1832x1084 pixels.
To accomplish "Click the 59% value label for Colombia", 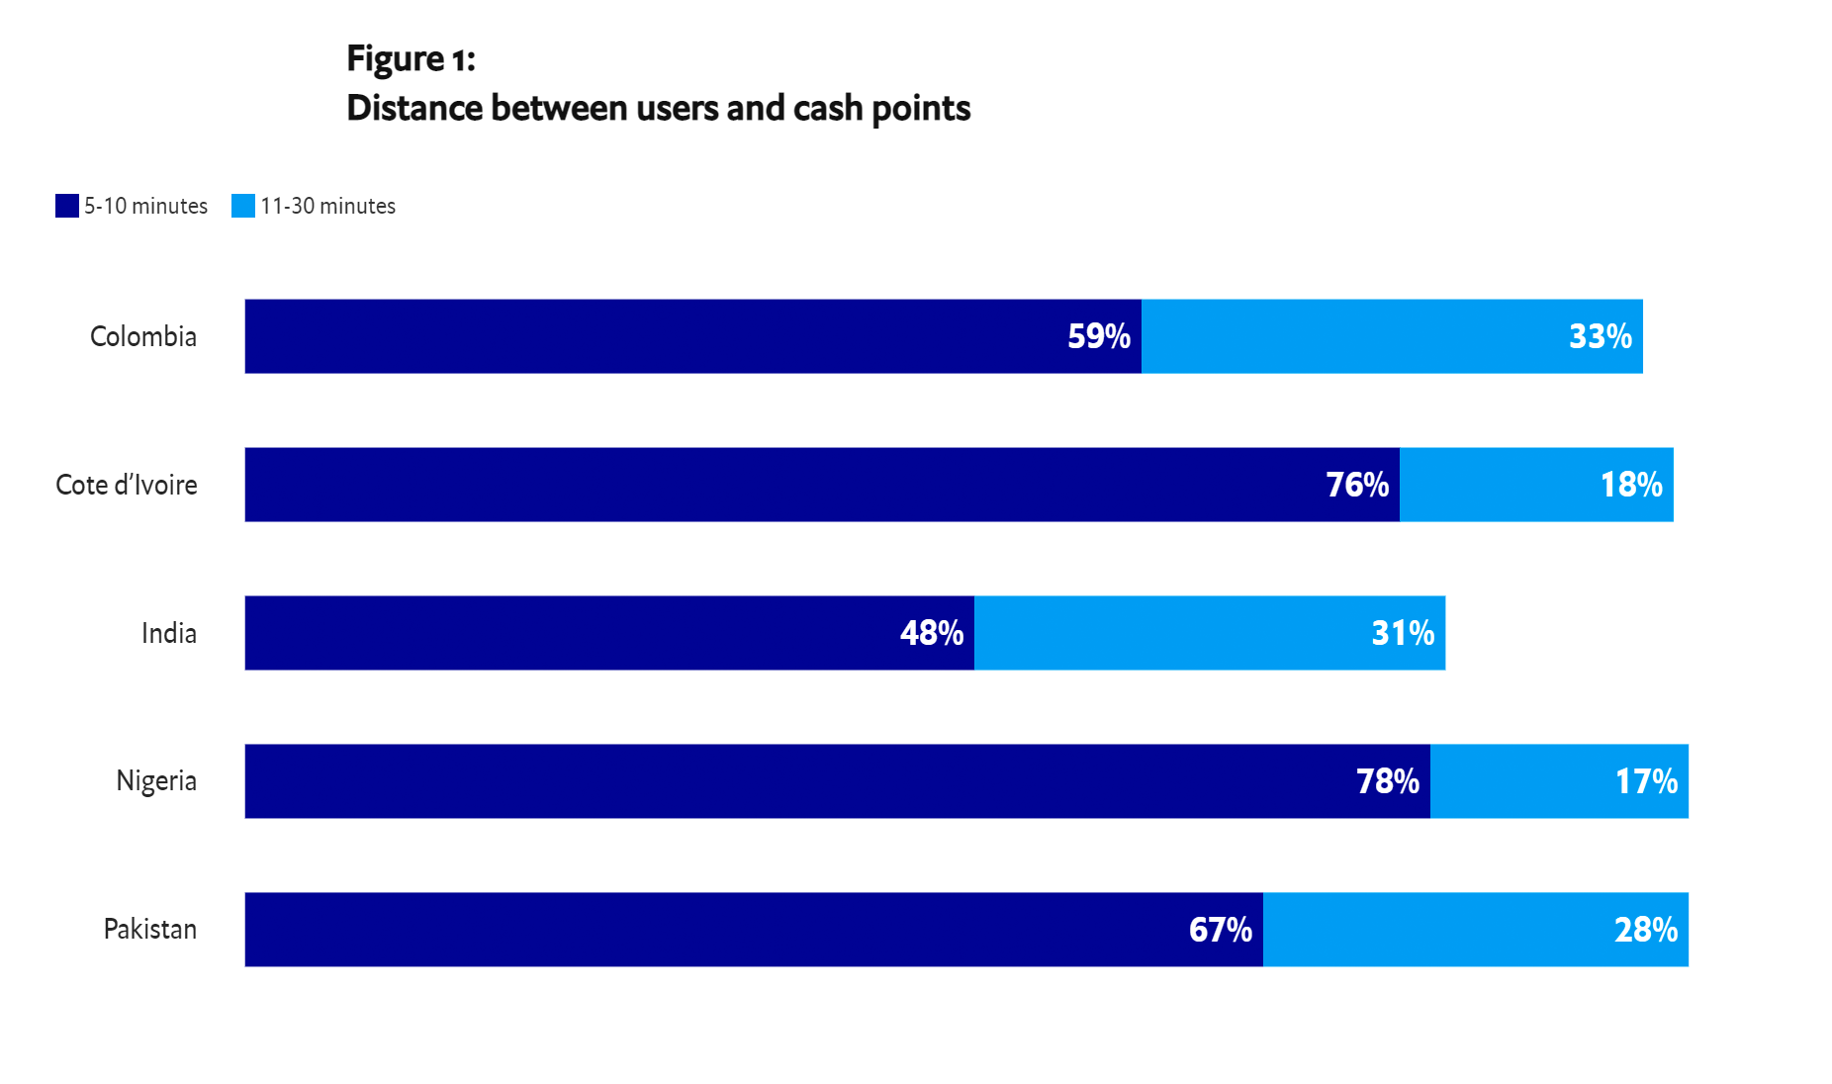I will [1098, 336].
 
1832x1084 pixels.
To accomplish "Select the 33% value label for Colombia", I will [1600, 336].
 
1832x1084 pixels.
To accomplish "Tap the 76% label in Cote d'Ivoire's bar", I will [1357, 485].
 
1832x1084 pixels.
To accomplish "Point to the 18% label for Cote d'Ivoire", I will [1630, 485].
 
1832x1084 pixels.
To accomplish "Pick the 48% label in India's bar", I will [931, 633].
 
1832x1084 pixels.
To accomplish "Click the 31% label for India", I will [1402, 633].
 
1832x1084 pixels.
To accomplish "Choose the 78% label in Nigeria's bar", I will [1387, 781].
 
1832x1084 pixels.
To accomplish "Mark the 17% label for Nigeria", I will [1646, 781].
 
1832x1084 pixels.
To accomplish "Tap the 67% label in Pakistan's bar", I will [1220, 930].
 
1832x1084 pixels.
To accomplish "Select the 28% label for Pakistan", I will [1645, 930].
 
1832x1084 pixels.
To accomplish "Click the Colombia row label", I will [143, 336].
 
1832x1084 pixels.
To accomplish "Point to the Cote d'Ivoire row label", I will [127, 485].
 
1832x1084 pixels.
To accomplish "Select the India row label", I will [169, 633].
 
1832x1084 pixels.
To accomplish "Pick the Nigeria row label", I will [157, 781].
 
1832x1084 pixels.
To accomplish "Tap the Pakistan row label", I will [150, 930].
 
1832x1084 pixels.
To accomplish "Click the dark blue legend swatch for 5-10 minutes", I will [67, 206].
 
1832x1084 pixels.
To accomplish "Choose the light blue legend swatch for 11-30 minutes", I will [243, 206].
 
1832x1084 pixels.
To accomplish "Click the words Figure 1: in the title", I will [411, 59].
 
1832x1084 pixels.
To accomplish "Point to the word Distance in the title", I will [414, 108].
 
